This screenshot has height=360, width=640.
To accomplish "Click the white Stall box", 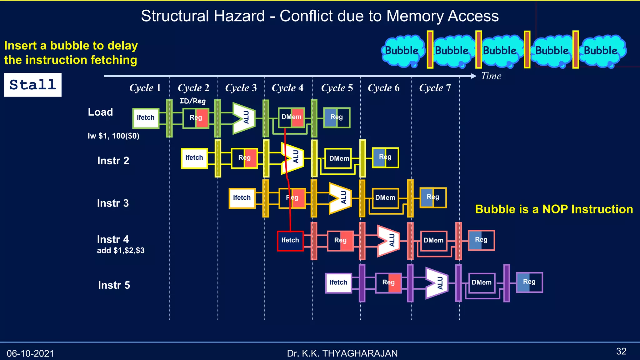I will tap(33, 85).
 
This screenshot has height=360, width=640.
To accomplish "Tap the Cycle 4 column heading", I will tap(287, 88).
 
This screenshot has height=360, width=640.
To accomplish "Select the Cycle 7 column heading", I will tap(435, 88).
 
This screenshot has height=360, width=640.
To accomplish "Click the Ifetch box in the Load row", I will tap(146, 118).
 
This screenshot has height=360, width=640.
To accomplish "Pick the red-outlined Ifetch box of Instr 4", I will tap(290, 241).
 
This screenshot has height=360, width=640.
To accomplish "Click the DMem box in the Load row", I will tap(291, 117).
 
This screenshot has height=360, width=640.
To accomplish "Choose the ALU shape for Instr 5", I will tap(437, 283).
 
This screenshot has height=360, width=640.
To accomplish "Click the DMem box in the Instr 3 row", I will tap(385, 198).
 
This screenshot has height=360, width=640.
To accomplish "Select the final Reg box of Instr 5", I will tap(529, 282).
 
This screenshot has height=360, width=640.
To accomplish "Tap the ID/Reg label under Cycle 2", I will tap(192, 101).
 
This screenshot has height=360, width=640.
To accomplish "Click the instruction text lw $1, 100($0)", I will tap(113, 136).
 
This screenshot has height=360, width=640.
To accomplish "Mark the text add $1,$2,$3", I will tap(121, 251).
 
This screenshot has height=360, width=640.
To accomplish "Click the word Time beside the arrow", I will tap(491, 76).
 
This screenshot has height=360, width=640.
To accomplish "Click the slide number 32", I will tap(621, 352).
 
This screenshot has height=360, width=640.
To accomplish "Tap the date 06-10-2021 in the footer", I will tap(30, 353).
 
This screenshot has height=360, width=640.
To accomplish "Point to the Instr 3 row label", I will tap(113, 203).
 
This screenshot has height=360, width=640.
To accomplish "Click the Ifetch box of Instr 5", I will tap(338, 283).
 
